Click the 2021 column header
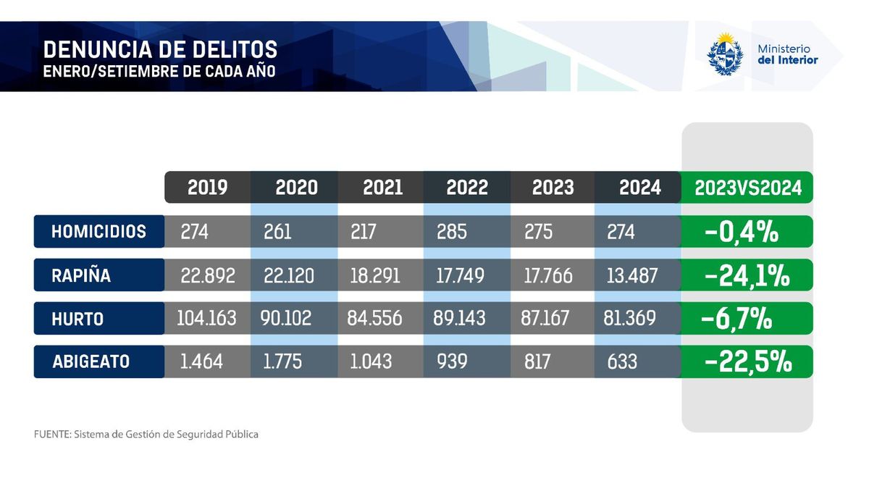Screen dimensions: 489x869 tap(382, 188)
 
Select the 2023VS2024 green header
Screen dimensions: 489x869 tap(748, 188)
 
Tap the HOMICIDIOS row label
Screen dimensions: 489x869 tap(98, 232)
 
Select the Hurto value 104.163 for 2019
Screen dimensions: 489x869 tap(207, 319)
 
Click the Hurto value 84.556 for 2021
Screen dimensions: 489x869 tap(375, 319)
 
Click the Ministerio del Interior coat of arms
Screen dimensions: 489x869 tap(724, 54)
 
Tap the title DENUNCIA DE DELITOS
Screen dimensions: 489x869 tap(160, 49)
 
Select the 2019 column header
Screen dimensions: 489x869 tap(207, 188)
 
